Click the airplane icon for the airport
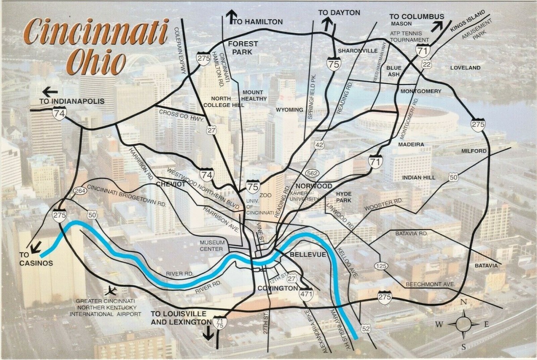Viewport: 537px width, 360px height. pos(111,290)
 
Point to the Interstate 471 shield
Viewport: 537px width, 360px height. pos(306,294)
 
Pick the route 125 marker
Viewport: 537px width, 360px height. pos(380,266)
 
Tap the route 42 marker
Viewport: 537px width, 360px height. pos(319,145)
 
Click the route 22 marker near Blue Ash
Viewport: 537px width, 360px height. pos(426,65)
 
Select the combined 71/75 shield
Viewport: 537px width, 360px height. pos(220,323)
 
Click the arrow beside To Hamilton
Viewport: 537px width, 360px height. pos(231,17)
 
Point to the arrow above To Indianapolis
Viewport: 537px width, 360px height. pos(50,92)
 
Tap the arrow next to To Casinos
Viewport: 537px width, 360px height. pos(36,246)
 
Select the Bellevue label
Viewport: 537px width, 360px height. pos(304,254)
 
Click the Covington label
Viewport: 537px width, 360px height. pos(277,288)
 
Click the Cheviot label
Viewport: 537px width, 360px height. pos(170,184)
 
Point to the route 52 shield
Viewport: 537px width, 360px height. pos(366,330)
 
